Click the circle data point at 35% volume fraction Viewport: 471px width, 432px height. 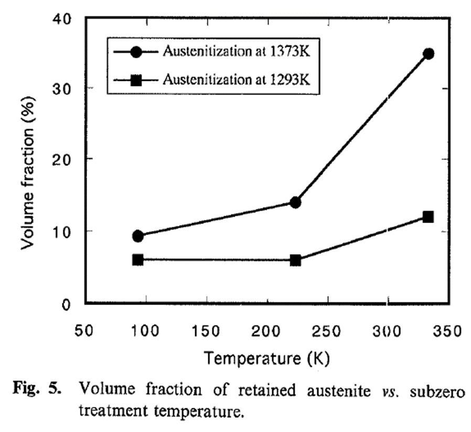[x=429, y=54]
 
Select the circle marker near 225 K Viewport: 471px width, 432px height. [x=295, y=202]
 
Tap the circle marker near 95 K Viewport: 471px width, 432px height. [x=138, y=236]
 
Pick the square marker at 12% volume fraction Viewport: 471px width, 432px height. [x=428, y=217]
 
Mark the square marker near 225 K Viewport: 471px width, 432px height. [x=295, y=260]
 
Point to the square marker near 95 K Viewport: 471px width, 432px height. [x=138, y=259]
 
